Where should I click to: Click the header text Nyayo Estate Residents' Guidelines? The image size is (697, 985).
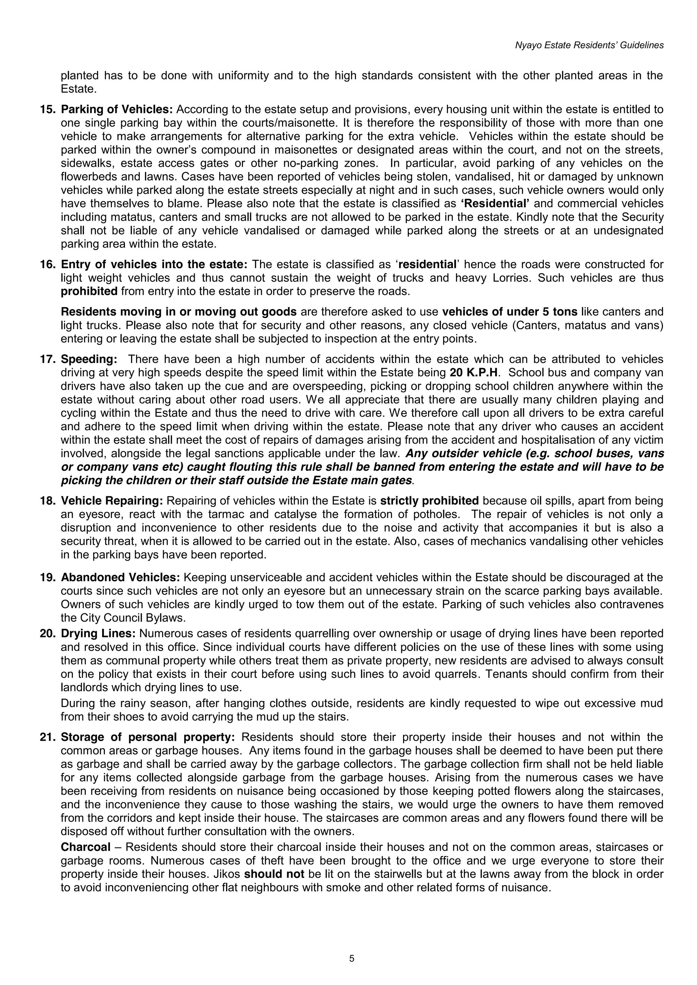589,45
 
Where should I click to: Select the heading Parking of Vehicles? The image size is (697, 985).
117,110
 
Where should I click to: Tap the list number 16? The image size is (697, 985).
48,264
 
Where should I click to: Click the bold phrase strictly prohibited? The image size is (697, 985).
429,501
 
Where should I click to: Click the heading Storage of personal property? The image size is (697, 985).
148,737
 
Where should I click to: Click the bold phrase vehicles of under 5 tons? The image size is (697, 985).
510,312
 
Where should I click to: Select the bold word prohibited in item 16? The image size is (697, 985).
89,291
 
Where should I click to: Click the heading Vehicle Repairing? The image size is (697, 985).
112,501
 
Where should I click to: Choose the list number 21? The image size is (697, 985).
48,737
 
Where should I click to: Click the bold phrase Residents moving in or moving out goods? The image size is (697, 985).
179,312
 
